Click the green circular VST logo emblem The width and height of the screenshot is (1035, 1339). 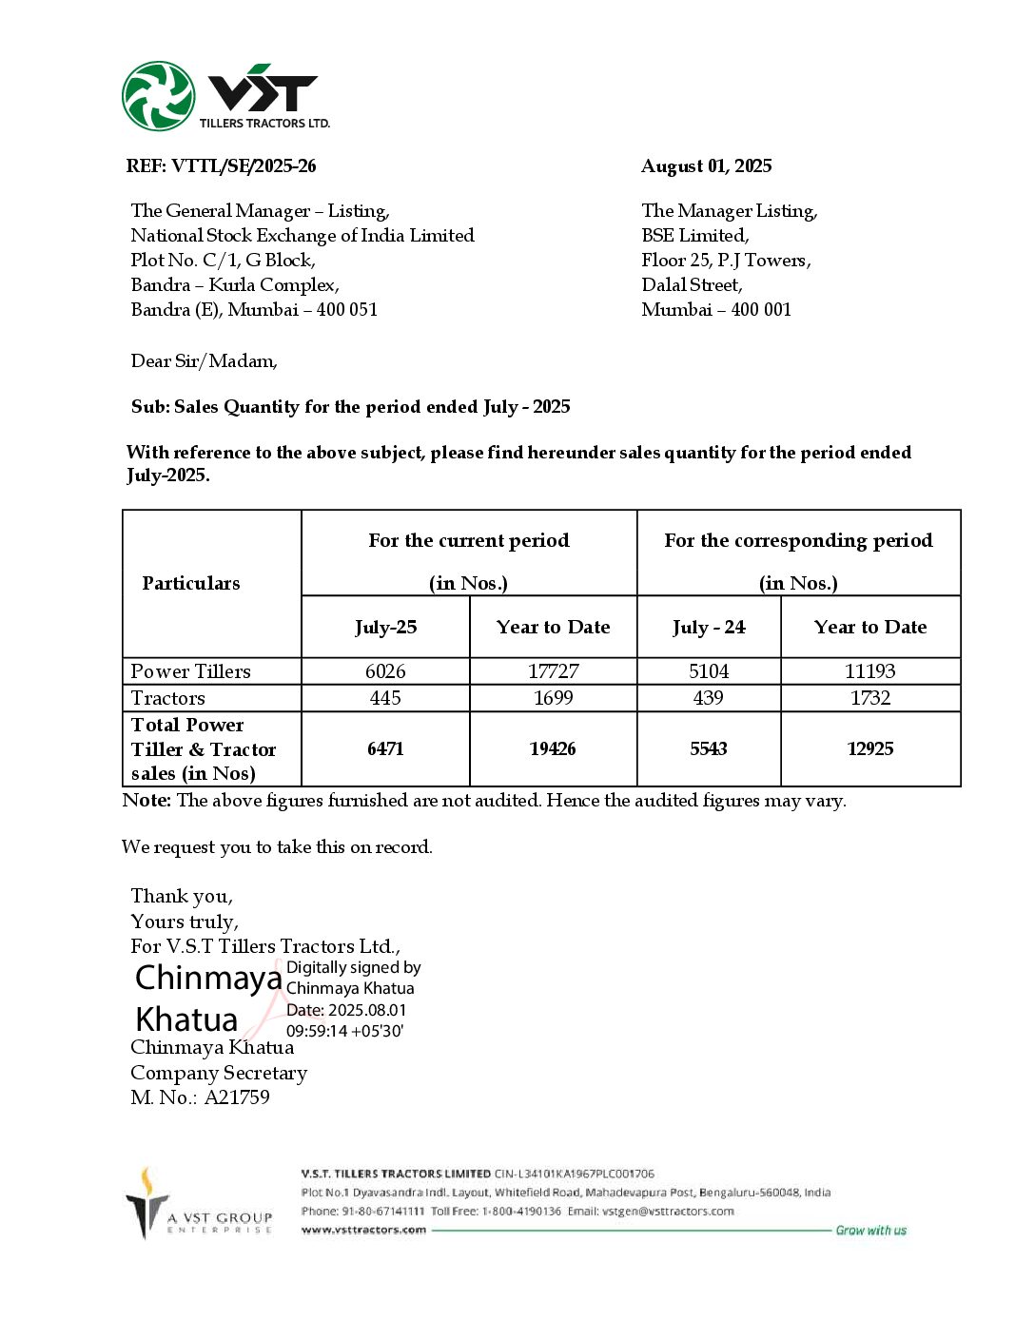pyautogui.click(x=158, y=95)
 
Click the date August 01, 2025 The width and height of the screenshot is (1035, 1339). pyautogui.click(x=706, y=166)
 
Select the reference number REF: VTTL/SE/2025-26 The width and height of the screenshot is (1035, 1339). pyautogui.click(x=221, y=166)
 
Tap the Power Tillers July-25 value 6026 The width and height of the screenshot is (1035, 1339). pyautogui.click(x=385, y=671)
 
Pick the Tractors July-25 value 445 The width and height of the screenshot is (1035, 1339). pyautogui.click(x=385, y=698)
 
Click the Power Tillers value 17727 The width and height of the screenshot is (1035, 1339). pyautogui.click(x=553, y=671)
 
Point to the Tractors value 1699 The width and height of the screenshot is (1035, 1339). pyautogui.click(x=553, y=698)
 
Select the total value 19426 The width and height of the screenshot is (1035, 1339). pyautogui.click(x=553, y=749)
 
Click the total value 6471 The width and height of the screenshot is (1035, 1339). pyautogui.click(x=385, y=749)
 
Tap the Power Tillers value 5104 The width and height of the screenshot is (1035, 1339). pyautogui.click(x=709, y=671)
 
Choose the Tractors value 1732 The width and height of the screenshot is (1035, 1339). pyautogui.click(x=870, y=698)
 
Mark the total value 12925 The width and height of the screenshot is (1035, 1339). pyautogui.click(x=870, y=749)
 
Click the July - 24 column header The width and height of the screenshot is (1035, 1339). pyautogui.click(x=709, y=628)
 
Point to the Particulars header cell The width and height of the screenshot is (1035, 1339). pyautogui.click(x=191, y=584)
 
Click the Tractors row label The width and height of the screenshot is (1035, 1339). pyautogui.click(x=167, y=698)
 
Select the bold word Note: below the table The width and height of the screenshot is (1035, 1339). pyautogui.click(x=146, y=801)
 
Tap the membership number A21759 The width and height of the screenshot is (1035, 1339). pyautogui.click(x=237, y=1097)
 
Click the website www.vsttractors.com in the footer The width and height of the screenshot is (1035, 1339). pyautogui.click(x=363, y=1230)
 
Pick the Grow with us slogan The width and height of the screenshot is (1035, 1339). pyautogui.click(x=870, y=1231)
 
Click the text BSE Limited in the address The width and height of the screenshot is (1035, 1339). pyautogui.click(x=694, y=236)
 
